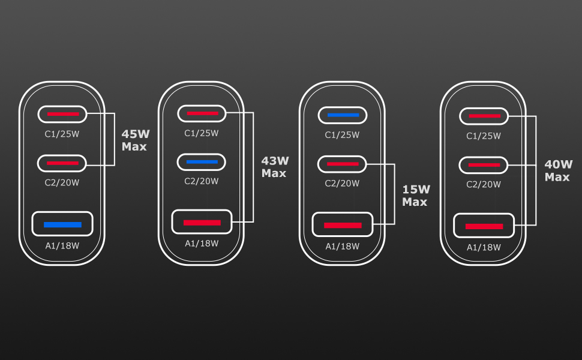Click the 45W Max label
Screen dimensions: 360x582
(134, 140)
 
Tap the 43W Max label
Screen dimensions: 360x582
(275, 167)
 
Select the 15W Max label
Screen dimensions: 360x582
(416, 196)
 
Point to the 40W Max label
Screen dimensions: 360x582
(557, 170)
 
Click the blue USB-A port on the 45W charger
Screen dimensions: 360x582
(62, 224)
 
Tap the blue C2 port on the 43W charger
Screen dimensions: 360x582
(202, 162)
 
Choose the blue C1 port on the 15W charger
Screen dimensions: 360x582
(343, 115)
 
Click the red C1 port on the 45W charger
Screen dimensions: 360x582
(62, 113)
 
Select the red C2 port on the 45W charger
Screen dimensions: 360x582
(62, 163)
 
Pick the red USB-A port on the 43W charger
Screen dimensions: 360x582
(202, 223)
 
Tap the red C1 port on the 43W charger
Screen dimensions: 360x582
(202, 113)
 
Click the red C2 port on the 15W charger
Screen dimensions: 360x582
(343, 163)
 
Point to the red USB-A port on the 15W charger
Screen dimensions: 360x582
(343, 225)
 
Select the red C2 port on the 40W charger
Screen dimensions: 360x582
(484, 164)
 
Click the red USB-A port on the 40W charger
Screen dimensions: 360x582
(484, 226)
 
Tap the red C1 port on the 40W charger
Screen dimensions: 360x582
(484, 116)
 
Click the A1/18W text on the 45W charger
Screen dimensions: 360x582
(62, 245)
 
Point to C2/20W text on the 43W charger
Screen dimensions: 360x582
(202, 181)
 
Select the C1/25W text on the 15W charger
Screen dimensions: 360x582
(343, 135)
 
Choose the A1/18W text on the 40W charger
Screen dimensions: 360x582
(484, 247)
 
